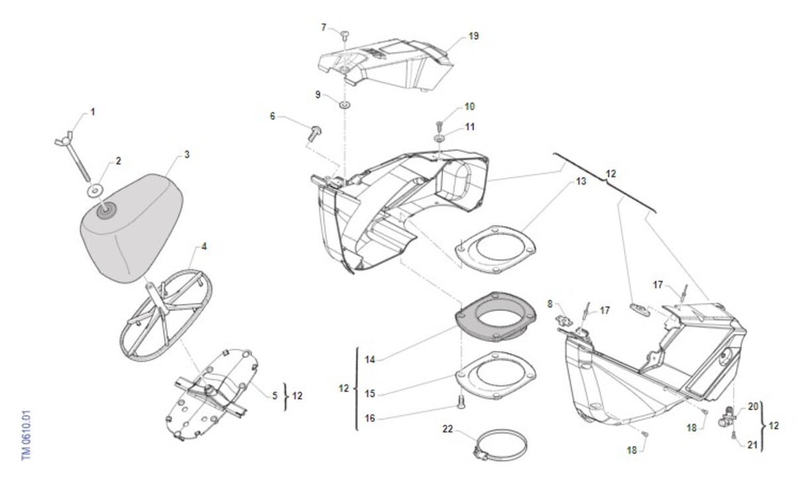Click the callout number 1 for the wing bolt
point(93,112)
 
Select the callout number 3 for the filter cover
point(187,154)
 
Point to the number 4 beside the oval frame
point(204,246)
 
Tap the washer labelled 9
point(345,105)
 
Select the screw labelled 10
point(439,124)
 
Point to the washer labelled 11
point(440,138)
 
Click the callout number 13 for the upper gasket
point(580,181)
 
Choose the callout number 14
point(370,360)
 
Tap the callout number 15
point(370,394)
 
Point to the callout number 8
point(550,303)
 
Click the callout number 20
point(752,407)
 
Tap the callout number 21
point(752,445)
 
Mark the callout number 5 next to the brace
point(274,396)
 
